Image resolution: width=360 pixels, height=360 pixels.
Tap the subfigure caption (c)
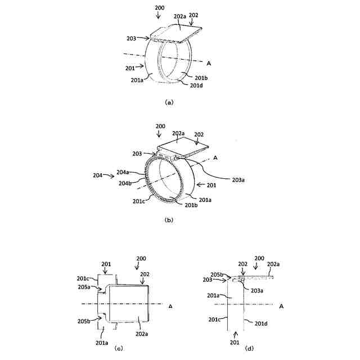[x=118, y=349]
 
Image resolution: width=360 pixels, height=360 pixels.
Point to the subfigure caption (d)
[x=250, y=349]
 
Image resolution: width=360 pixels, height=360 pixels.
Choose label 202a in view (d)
[x=274, y=264]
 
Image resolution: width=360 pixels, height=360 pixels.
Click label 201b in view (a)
[x=201, y=78]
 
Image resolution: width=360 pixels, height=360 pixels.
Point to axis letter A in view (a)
[x=209, y=62]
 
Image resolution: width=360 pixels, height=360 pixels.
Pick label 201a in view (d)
[x=214, y=295]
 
